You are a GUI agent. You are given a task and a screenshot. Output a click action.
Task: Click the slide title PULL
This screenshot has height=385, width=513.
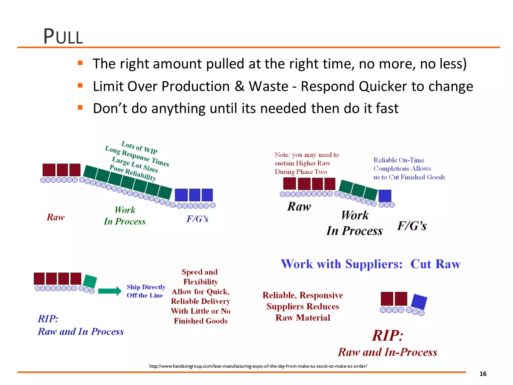point(63,37)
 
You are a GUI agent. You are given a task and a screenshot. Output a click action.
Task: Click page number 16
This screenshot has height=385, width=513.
point(483,374)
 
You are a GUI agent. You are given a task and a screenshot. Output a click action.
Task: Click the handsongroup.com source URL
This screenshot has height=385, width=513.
point(258,366)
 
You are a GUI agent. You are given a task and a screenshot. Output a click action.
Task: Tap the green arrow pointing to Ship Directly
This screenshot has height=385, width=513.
point(109,291)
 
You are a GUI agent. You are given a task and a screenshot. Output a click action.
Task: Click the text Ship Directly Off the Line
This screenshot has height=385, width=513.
point(146,291)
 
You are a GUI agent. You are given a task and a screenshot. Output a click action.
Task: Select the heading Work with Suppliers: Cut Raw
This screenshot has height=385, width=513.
point(370,264)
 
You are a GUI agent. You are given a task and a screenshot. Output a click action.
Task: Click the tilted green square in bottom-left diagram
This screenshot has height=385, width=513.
point(90,281)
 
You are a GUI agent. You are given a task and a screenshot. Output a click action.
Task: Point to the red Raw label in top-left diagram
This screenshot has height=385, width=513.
point(56,217)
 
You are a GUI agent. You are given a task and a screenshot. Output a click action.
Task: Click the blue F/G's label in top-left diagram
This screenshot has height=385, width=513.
point(197,219)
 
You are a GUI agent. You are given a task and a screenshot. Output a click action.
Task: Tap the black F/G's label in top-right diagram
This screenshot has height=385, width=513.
point(412,226)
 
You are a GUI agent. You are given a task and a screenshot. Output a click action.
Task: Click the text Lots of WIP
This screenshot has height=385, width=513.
point(140,147)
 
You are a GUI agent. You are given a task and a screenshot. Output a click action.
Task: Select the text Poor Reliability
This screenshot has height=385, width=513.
point(133,173)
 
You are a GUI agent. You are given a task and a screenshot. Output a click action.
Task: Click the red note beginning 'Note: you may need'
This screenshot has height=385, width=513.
point(306,163)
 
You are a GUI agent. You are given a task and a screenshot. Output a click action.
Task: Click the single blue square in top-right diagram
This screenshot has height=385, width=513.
point(384,196)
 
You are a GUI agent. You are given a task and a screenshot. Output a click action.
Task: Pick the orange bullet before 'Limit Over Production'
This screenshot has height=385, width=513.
point(80,85)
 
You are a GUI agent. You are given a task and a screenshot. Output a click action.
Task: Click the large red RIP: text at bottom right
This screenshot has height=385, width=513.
point(387,335)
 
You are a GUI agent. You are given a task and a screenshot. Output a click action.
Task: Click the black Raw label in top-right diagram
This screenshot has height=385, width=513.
point(299,207)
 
